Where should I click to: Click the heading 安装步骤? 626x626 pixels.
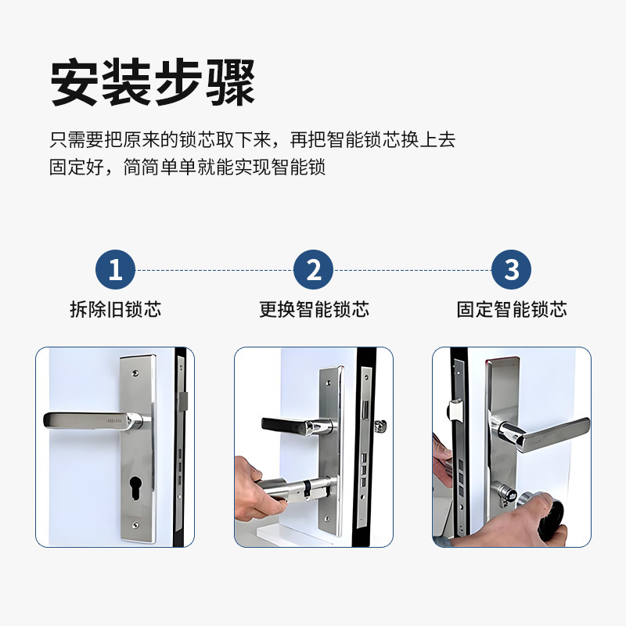click(153, 82)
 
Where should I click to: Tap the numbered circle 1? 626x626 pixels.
click(115, 269)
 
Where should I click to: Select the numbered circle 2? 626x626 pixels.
click(314, 269)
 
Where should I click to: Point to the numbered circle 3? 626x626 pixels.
click(512, 269)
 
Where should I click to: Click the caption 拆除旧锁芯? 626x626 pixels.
click(116, 309)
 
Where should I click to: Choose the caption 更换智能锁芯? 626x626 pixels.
click(315, 309)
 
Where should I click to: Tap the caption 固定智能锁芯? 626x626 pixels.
click(512, 309)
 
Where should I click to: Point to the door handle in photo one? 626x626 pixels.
click(95, 422)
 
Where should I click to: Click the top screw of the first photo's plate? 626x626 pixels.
click(135, 373)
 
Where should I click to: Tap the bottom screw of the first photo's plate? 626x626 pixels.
click(135, 524)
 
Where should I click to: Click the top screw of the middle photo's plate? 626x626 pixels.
click(328, 383)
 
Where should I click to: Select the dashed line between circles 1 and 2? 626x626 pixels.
click(214, 270)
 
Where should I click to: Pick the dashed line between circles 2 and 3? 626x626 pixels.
click(412, 270)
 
